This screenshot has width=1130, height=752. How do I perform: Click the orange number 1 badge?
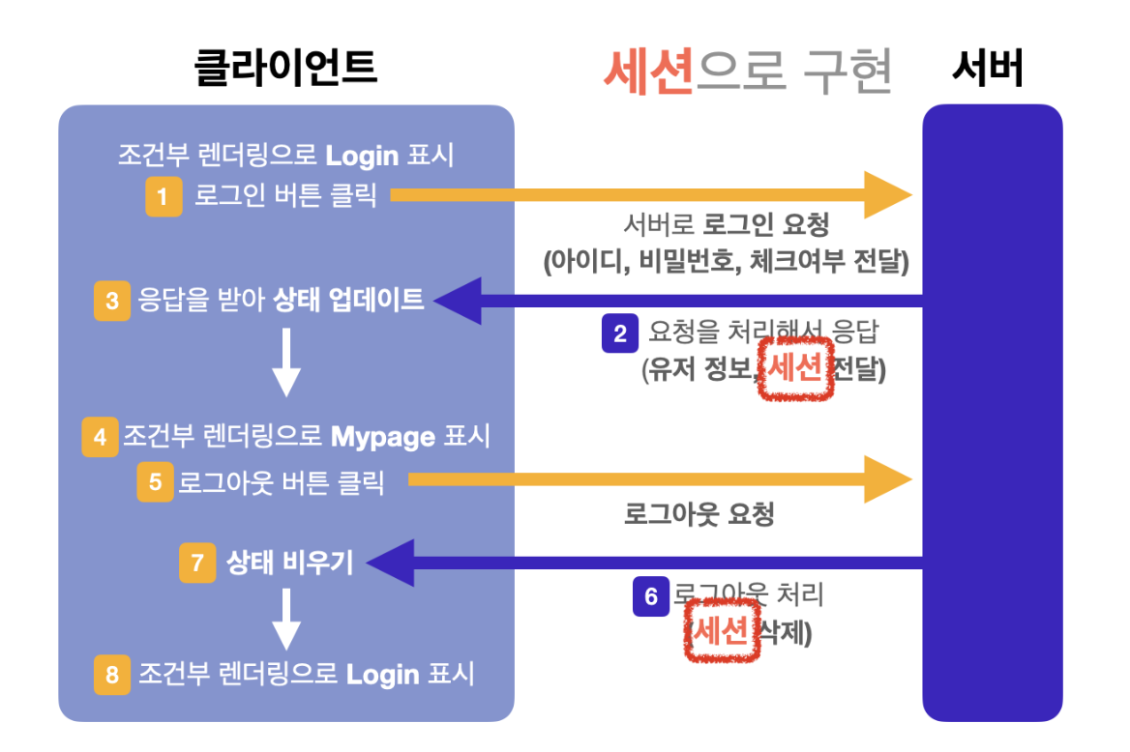(164, 197)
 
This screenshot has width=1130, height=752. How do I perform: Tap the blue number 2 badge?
(620, 334)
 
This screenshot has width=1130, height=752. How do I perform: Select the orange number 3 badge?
(112, 301)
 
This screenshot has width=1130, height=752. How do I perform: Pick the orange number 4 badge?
(100, 437)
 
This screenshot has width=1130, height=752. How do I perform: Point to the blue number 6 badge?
(651, 596)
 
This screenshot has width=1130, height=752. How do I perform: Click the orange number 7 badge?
(197, 563)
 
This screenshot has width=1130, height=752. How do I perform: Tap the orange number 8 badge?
(112, 675)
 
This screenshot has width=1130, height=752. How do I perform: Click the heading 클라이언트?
(285, 69)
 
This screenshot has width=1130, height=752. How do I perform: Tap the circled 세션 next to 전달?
(795, 369)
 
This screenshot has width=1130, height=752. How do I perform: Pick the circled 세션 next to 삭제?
(721, 632)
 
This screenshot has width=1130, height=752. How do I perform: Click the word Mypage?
(383, 437)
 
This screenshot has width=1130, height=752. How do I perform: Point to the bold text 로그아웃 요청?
(699, 514)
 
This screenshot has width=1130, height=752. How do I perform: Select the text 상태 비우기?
(289, 563)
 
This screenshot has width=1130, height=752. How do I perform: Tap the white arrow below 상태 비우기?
(286, 621)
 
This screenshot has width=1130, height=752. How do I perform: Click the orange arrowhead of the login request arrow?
(888, 196)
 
